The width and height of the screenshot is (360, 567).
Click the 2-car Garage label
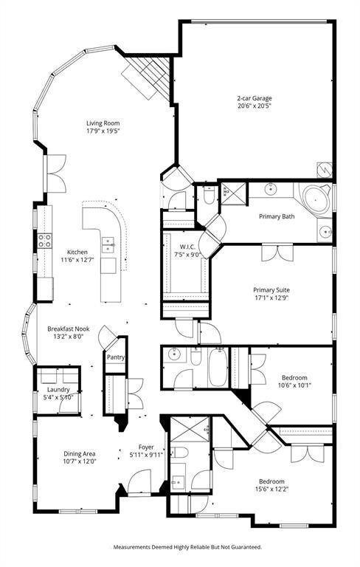[x=254, y=98]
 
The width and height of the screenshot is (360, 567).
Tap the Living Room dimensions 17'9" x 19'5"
[x=103, y=131]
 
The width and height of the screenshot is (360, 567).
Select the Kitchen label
[x=77, y=252]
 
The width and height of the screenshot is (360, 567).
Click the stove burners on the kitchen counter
[x=44, y=241]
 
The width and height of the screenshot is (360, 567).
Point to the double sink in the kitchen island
[x=108, y=244]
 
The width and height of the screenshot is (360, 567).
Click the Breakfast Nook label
[x=69, y=329]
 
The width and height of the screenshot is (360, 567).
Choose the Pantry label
[x=116, y=357]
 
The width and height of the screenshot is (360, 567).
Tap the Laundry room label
[x=58, y=390]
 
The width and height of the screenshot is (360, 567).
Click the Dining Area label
[x=80, y=454]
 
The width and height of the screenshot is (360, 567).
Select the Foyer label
[x=146, y=447]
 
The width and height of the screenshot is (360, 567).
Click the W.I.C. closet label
[x=185, y=247]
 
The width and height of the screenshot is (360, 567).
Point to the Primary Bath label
[x=277, y=216]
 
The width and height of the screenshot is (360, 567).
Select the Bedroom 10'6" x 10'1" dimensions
[x=294, y=385]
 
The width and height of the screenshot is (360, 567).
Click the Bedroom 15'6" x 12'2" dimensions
[x=271, y=489]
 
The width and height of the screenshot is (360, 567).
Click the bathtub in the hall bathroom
[x=218, y=367]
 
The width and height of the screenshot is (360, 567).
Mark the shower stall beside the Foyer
[x=190, y=429]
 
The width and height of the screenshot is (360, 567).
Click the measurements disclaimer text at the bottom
[x=187, y=547]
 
